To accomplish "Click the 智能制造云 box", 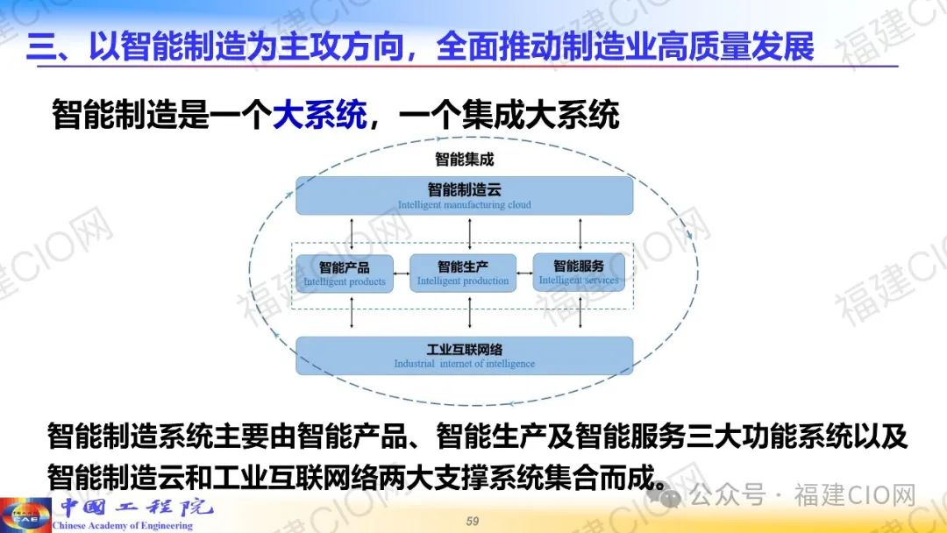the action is (x=465, y=195).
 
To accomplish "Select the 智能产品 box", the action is (x=345, y=274).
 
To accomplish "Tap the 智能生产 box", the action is (x=463, y=273).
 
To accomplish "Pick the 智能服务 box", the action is (x=579, y=273).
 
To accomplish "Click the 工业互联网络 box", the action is (x=465, y=356).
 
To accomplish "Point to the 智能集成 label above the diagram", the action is (x=465, y=160).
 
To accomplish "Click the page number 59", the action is (x=473, y=521).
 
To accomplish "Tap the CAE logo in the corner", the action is (x=25, y=515).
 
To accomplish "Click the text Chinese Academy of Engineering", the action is (x=122, y=526).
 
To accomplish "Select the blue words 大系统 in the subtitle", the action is (x=319, y=114).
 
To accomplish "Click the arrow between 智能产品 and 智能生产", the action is (x=402, y=274).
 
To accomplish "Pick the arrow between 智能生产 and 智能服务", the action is (x=525, y=273).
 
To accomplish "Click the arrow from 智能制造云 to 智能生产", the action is (x=470, y=234).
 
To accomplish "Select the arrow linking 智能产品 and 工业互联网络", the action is (x=352, y=313).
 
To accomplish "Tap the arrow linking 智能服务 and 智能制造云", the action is (x=580, y=234).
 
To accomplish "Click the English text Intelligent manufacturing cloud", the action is (x=465, y=204).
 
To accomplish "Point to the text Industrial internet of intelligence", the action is (x=465, y=364).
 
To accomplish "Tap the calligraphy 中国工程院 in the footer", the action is (x=137, y=507).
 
